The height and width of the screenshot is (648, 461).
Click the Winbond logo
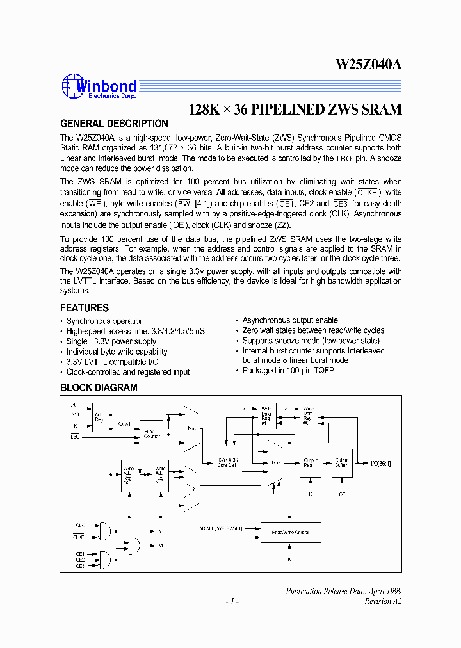(x=99, y=87)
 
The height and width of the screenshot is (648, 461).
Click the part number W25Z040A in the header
(x=368, y=65)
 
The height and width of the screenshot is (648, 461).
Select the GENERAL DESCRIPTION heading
(x=114, y=124)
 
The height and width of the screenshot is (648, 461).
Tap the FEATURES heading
(x=85, y=308)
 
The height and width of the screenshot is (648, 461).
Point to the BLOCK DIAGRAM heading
(x=99, y=387)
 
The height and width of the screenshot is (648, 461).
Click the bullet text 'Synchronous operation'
(x=105, y=321)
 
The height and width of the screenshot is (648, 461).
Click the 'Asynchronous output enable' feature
(x=290, y=320)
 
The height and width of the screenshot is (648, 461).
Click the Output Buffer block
(x=343, y=462)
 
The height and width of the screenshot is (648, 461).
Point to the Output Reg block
(x=311, y=462)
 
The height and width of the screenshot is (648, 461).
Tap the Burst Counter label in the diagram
(x=152, y=433)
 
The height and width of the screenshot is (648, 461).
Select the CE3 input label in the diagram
(x=80, y=566)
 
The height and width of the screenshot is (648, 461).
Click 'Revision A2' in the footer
(x=383, y=601)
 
